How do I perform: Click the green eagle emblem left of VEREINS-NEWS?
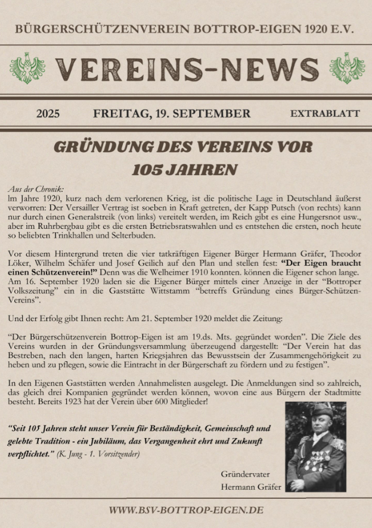pos(28,68)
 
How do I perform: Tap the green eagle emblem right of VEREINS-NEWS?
pos(346,68)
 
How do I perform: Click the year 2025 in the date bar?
pos(48,114)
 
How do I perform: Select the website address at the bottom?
pos(186,510)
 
